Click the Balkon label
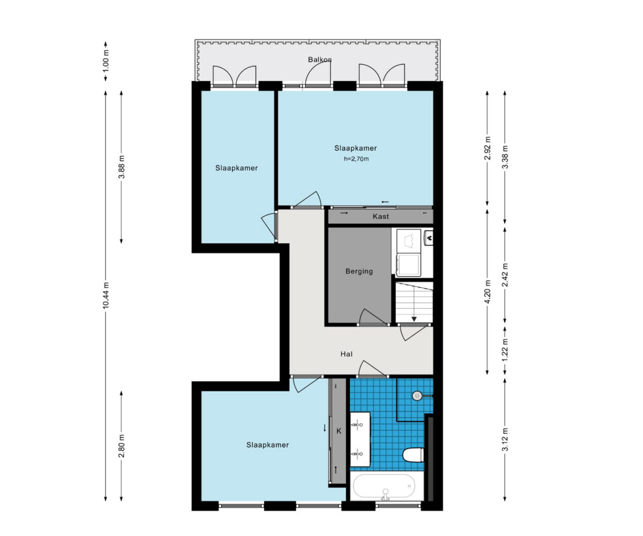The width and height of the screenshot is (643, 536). [x=320, y=59]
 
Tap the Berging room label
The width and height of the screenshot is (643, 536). [x=359, y=271]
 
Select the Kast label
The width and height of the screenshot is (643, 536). [x=380, y=216]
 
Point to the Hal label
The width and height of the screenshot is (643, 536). [x=347, y=354]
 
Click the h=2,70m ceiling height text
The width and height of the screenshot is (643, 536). [x=356, y=159]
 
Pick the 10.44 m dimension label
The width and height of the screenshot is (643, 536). [x=106, y=295]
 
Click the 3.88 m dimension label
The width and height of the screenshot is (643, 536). [x=122, y=167]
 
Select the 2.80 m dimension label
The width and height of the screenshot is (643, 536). [x=122, y=446]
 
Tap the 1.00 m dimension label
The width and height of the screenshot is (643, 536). [x=106, y=61]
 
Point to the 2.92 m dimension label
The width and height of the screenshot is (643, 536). [x=487, y=148]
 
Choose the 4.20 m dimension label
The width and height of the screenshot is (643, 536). [x=487, y=292]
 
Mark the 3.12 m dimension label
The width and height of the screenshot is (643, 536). [x=505, y=440]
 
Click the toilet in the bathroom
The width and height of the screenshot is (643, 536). [x=413, y=455]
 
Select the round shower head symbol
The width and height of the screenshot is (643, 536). [x=417, y=396]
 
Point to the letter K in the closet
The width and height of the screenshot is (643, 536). [x=339, y=431]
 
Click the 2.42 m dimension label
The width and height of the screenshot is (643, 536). [x=505, y=275]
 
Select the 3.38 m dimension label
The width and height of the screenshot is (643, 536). [x=505, y=157]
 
